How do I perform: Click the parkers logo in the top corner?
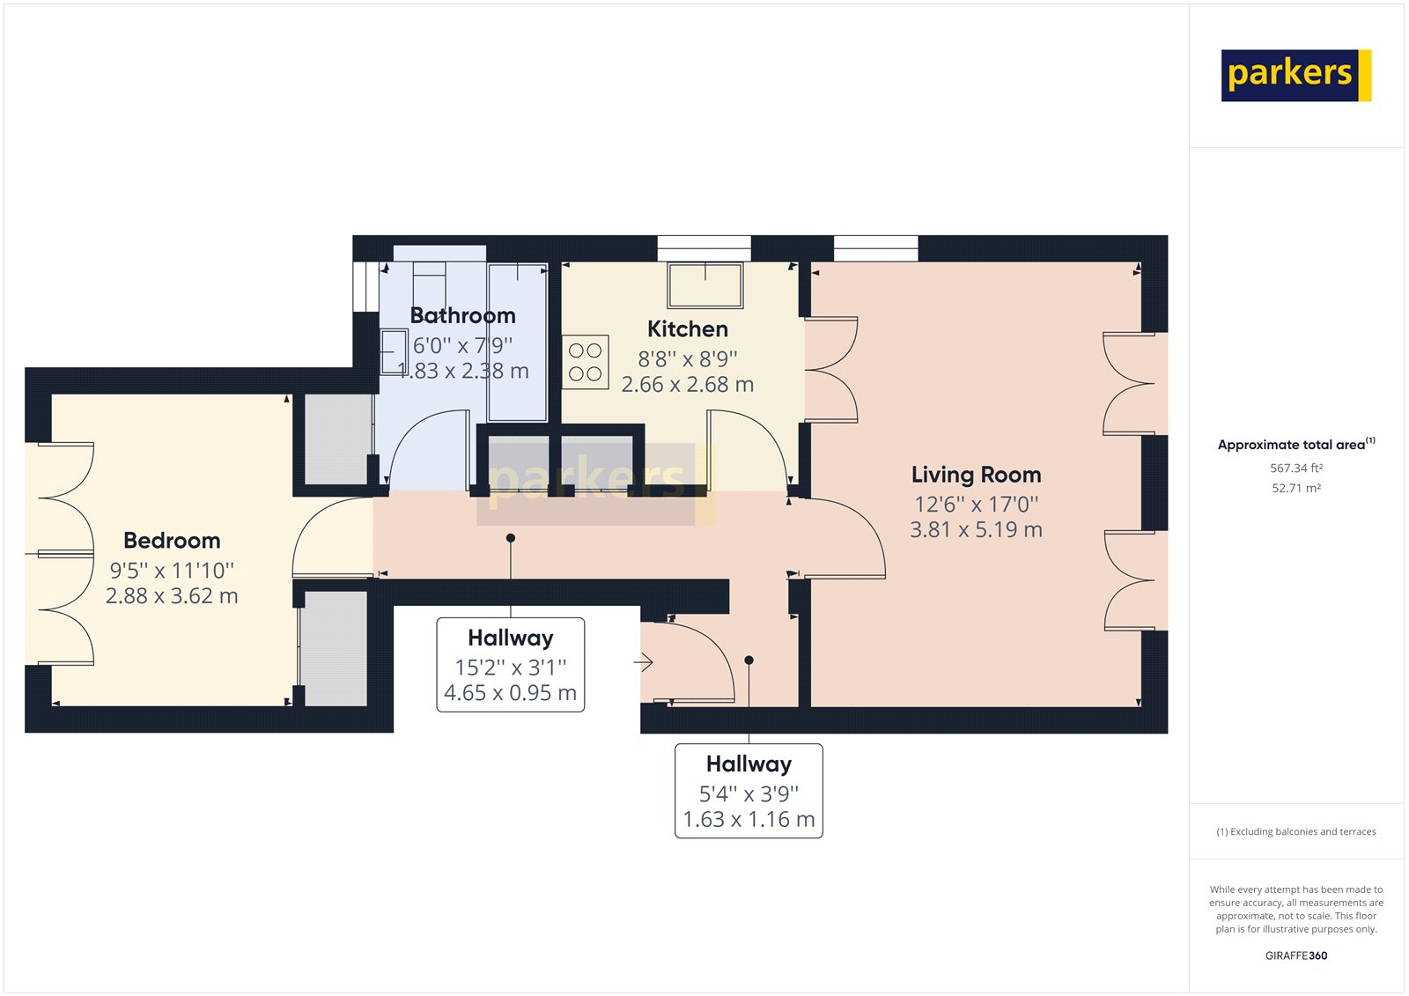(1295, 76)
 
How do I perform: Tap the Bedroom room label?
(172, 541)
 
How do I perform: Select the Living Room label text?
(977, 475)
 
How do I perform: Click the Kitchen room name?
(688, 329)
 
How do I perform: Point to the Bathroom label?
(463, 315)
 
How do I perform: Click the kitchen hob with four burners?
(586, 362)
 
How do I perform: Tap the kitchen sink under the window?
(705, 285)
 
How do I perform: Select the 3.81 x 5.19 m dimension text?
(977, 530)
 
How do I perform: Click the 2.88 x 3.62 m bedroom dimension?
(172, 596)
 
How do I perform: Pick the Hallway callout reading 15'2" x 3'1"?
(511, 665)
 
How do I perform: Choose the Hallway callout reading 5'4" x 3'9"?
(749, 791)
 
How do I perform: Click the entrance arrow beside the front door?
(644, 662)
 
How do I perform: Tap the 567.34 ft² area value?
(1295, 468)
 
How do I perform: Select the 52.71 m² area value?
(1295, 488)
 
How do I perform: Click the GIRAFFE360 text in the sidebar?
(1295, 955)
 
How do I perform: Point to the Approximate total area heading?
(1295, 444)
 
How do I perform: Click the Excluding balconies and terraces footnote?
(1295, 832)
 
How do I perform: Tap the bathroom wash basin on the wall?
(395, 352)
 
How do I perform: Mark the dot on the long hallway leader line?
(511, 538)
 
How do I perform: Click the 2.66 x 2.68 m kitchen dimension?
(688, 385)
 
